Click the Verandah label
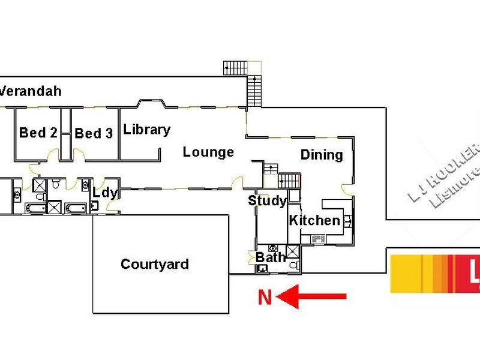point(31,92)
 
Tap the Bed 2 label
point(38,133)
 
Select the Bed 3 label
point(94,133)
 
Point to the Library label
point(146,130)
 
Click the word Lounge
point(208,152)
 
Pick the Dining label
point(322,155)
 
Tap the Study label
point(267,201)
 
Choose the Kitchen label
point(314,220)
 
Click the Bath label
point(271,257)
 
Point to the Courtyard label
point(155,264)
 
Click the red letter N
point(265,297)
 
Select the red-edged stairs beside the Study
point(289,181)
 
